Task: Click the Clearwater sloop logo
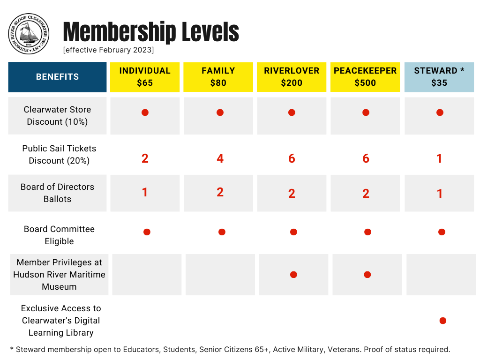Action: pos(29,34)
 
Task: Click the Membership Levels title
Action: pos(151,32)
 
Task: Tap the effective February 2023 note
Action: pos(108,50)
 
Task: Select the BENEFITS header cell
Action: pos(57,77)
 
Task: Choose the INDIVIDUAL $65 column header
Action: pos(145,77)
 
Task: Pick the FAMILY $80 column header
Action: pos(218,77)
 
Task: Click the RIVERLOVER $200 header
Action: pos(292,77)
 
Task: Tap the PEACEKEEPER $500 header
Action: pos(365,77)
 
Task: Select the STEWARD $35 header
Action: pos(439,77)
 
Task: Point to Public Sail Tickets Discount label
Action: pos(59,154)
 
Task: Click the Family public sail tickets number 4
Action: pos(220,158)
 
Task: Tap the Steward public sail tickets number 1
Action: pos(439,158)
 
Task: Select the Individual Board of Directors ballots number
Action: pos(145,192)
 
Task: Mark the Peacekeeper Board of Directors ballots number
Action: pos(366,193)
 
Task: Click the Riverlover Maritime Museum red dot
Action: pos(293,275)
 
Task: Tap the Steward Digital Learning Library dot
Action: pos(442,321)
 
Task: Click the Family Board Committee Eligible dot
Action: pos(222,232)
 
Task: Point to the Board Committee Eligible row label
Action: pos(59,235)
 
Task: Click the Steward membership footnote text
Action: pos(230,349)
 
